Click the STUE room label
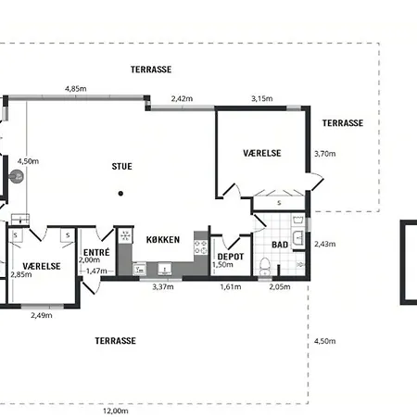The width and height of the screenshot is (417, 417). pyautogui.click(x=121, y=167)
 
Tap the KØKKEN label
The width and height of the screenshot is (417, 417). pyautogui.click(x=163, y=240)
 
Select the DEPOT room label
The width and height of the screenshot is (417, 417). pyautogui.click(x=231, y=257)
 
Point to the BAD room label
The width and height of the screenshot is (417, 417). pyautogui.click(x=280, y=245)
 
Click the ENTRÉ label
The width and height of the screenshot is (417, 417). pyautogui.click(x=96, y=252)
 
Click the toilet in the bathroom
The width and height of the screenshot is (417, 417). pyautogui.click(x=264, y=266)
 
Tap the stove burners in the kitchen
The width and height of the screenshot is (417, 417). pyautogui.click(x=200, y=247)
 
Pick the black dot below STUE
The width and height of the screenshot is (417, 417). pyautogui.click(x=120, y=194)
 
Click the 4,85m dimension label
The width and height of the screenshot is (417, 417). pyautogui.click(x=76, y=89)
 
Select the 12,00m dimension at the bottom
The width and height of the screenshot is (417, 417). pyautogui.click(x=116, y=411)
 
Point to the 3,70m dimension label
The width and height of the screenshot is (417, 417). pyautogui.click(x=325, y=154)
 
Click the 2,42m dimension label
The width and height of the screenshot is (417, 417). pyautogui.click(x=182, y=98)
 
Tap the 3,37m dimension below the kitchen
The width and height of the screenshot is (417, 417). pyautogui.click(x=163, y=286)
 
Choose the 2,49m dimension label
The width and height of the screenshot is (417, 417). pyautogui.click(x=42, y=315)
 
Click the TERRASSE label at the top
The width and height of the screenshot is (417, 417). pyautogui.click(x=151, y=69)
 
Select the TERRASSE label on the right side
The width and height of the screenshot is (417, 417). pyautogui.click(x=343, y=123)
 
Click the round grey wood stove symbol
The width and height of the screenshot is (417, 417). pyautogui.click(x=16, y=177)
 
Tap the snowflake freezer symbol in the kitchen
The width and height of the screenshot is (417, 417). pyautogui.click(x=125, y=235)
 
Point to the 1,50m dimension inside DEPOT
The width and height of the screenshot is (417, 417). pyautogui.click(x=222, y=265)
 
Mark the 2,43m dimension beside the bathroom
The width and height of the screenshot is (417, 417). pyautogui.click(x=325, y=244)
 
